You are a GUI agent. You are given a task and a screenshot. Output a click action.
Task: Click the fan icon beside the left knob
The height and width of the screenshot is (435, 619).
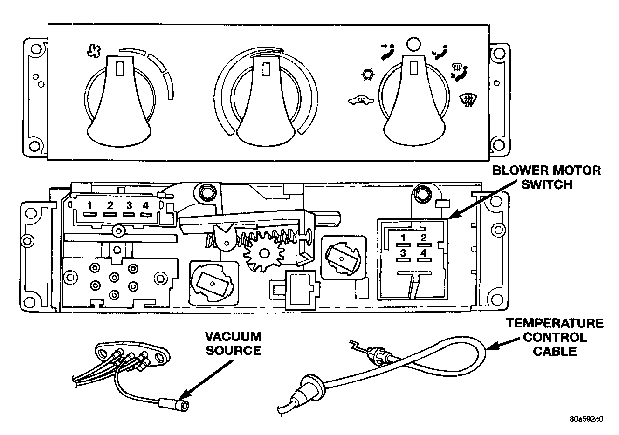click(x=94, y=51)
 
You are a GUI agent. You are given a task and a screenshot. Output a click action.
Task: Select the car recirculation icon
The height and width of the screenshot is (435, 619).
click(x=361, y=101)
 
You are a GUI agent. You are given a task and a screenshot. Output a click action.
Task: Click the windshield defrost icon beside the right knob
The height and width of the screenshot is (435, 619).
click(x=468, y=101)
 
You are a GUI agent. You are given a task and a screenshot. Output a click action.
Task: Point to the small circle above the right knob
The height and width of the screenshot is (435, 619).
click(x=414, y=44)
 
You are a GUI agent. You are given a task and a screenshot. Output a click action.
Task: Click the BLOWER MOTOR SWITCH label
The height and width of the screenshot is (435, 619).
click(x=546, y=177)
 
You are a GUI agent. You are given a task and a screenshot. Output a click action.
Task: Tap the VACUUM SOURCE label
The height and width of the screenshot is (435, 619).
click(x=233, y=343)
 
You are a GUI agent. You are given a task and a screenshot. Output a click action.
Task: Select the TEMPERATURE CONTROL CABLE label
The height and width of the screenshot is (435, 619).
click(x=555, y=337)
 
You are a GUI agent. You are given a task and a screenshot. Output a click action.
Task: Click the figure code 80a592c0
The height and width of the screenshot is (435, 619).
click(x=586, y=419)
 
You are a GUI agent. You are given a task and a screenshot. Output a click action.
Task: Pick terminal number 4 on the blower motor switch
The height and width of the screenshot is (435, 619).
click(x=423, y=253)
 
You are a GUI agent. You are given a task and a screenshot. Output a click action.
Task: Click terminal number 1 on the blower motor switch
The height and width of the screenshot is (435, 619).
click(x=403, y=238)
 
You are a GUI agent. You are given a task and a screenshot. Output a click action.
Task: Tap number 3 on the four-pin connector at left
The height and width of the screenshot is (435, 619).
click(x=129, y=205)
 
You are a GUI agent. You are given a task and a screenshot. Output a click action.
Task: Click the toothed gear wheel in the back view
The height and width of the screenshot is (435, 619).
click(x=264, y=253)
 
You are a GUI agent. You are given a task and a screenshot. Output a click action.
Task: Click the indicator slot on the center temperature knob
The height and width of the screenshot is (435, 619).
click(x=266, y=69)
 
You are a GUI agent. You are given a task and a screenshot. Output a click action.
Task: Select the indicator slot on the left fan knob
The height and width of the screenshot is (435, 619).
click(x=120, y=68)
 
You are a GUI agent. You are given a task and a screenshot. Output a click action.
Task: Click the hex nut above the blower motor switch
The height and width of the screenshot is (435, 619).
click(x=421, y=194)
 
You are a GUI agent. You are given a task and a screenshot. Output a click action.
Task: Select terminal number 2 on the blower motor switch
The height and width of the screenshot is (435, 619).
click(x=423, y=238)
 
